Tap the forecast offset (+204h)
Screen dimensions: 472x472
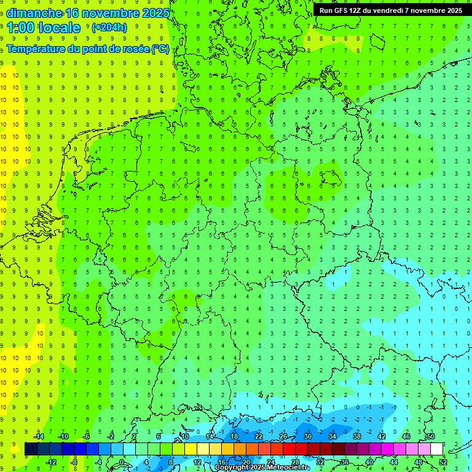pos(109,27)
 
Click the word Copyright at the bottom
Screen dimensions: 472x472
pos(231,468)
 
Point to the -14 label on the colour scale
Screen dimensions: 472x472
pos(38,436)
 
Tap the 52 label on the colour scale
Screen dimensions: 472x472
pos(442,462)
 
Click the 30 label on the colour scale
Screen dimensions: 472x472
pos(307,436)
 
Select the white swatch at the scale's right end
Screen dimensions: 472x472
pos(436,449)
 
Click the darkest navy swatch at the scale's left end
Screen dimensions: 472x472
pos(31,449)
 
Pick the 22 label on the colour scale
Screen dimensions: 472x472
pos(258,436)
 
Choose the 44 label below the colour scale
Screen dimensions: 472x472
pos(393,462)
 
